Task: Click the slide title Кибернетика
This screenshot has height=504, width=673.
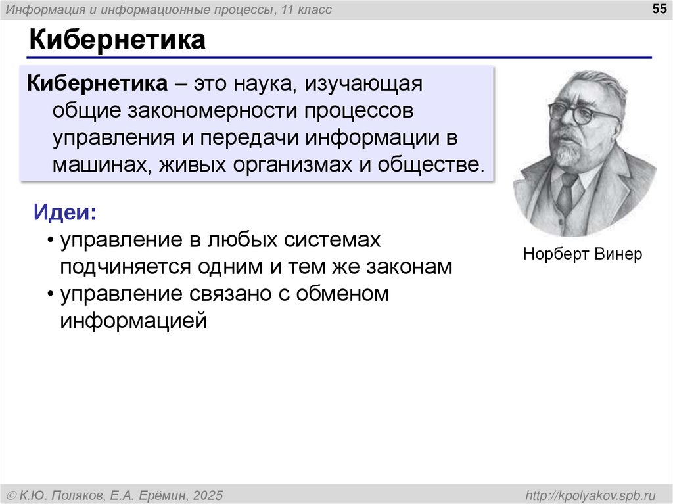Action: [116, 40]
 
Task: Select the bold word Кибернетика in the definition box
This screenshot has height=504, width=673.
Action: [96, 84]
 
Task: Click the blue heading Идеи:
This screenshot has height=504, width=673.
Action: [64, 213]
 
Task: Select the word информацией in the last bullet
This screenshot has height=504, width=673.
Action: [134, 321]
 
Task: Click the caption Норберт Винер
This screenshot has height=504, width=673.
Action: [582, 254]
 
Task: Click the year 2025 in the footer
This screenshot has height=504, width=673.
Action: [208, 494]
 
